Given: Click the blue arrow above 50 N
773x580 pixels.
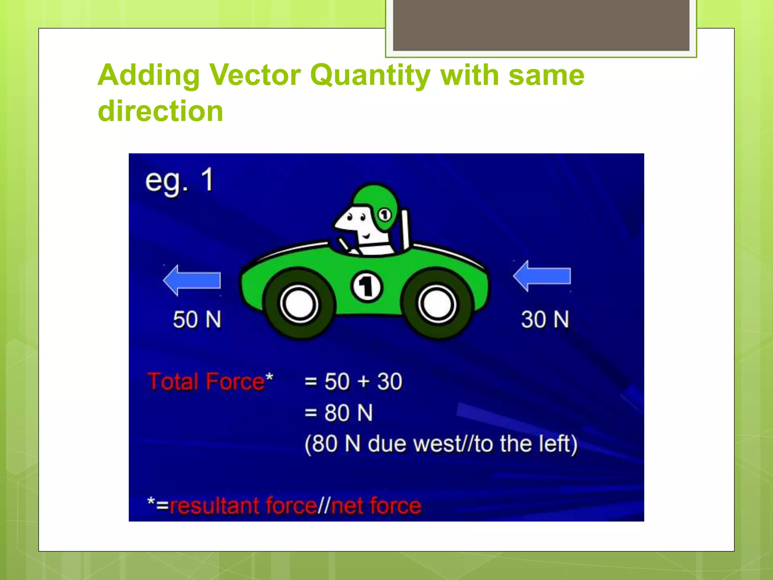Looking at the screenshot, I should [192, 280].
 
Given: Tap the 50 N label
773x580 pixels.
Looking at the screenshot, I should [197, 319].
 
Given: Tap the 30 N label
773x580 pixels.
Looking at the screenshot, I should [545, 319].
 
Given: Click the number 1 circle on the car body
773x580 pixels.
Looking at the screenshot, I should [366, 287].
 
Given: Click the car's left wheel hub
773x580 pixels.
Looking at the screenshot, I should [299, 304].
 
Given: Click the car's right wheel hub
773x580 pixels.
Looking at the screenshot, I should [437, 304].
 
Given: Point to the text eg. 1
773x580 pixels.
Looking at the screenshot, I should [180, 181].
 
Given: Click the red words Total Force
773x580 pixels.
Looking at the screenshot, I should [206, 381].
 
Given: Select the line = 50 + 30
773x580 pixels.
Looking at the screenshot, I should [353, 381].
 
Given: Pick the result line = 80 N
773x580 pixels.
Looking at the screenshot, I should [339, 412].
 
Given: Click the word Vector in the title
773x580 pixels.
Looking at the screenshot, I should [255, 75].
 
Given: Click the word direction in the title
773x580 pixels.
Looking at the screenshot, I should [160, 111].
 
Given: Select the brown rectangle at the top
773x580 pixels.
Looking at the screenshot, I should [541, 25].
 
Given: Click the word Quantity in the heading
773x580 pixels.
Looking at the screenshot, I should [370, 75].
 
